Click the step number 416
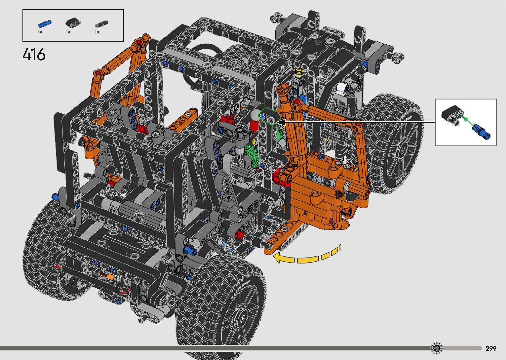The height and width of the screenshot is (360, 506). point(34,55)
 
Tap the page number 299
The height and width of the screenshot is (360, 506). point(491,348)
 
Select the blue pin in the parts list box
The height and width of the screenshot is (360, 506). point(45,24)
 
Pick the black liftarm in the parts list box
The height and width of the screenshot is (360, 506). point(73,23)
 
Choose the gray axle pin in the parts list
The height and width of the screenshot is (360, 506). point(102,24)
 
